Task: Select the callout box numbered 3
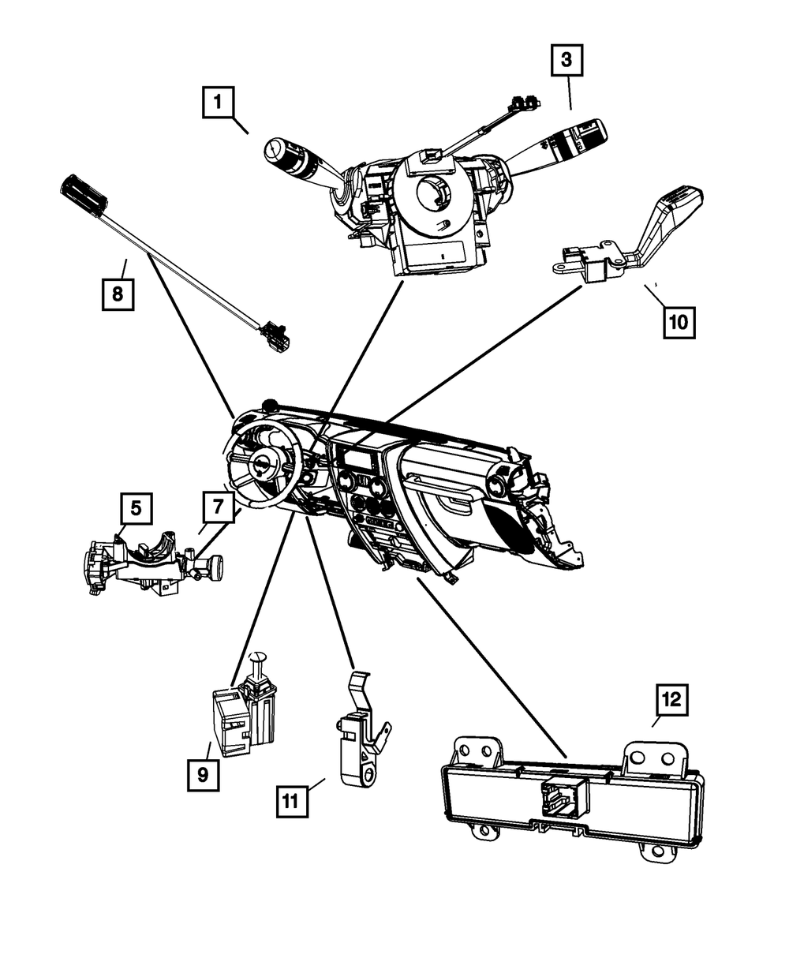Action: (x=567, y=60)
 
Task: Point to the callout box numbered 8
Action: (x=118, y=294)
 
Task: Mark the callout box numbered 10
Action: (x=679, y=321)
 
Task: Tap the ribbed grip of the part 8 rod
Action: (x=83, y=193)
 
